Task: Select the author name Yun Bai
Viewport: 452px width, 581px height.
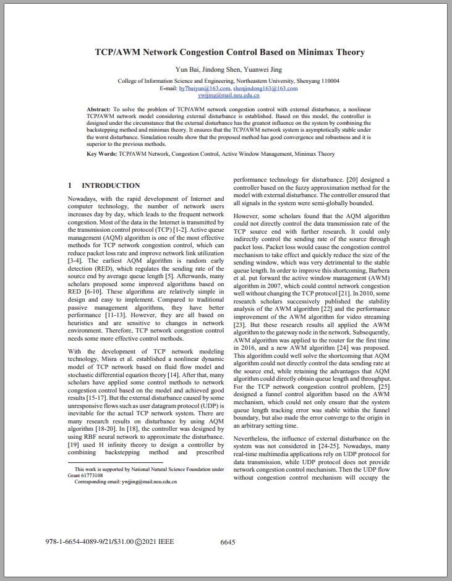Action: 189,69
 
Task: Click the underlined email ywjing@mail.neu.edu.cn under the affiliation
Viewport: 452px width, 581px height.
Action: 229,95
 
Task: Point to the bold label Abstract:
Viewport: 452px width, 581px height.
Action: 99,109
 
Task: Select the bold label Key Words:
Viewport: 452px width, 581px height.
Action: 102,153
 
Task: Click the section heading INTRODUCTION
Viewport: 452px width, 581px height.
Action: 111,185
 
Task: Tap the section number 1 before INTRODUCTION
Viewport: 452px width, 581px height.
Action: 70,185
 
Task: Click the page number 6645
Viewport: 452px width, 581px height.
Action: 228,542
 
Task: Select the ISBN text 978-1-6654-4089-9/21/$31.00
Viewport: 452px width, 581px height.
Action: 90,542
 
